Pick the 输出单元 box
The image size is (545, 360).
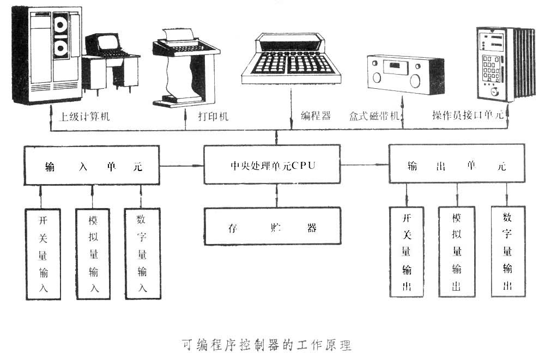tap(457, 165)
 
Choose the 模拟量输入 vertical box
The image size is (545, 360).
tap(93, 254)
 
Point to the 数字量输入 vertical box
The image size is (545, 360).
tap(143, 254)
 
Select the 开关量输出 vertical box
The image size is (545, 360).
tap(407, 252)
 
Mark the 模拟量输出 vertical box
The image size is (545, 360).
tap(457, 252)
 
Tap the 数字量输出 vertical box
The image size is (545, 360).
tap(507, 251)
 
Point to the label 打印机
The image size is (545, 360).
tap(213, 116)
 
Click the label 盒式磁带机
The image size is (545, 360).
tap(375, 116)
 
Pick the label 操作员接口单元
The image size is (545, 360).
tap(470, 116)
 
